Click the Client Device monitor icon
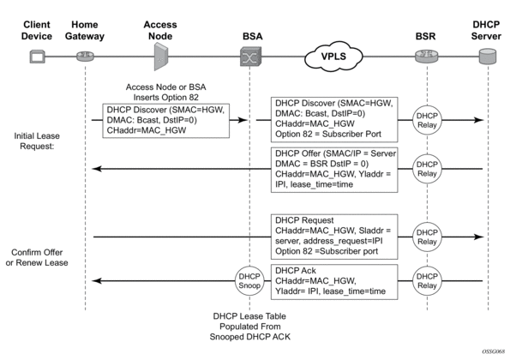pos(37,57)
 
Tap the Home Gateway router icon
pos(85,57)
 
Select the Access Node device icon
pos(160,57)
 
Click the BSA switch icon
pos(250,57)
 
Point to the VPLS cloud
pos(333,57)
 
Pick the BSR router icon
pos(426,57)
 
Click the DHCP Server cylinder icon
pos(488,57)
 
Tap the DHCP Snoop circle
pos(249,281)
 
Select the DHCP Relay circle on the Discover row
pos(427,120)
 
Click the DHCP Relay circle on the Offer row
pos(427,169)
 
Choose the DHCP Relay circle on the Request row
pos(427,237)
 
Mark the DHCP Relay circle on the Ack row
pos(427,281)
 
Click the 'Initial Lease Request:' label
pos(37,141)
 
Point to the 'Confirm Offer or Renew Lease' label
pos(37,257)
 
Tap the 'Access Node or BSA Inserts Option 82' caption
pos(166,92)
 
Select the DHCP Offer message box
pos(334,170)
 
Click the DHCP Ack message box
pos(334,282)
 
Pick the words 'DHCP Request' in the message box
pos(304,220)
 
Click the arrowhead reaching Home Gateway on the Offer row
pos(97,169)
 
